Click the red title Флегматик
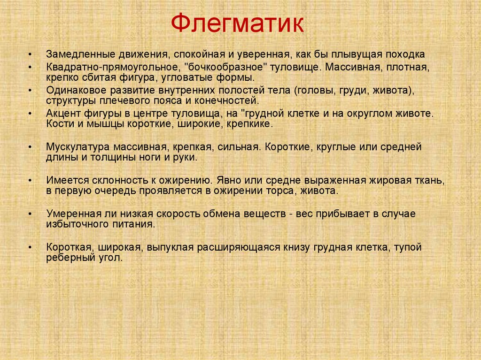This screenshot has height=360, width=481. coord(237,24)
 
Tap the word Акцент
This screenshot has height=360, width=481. coord(61,114)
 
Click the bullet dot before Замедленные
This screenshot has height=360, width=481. coord(30,54)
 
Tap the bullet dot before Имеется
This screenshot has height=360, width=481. coord(30,181)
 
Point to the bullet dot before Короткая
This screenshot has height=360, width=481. coord(30,248)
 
